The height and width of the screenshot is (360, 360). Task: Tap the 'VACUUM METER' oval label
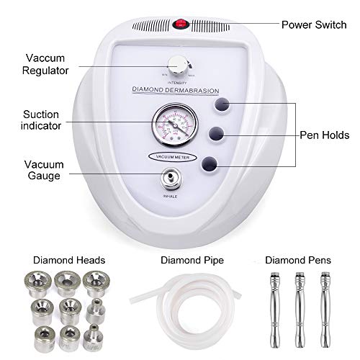click(x=174, y=156)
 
